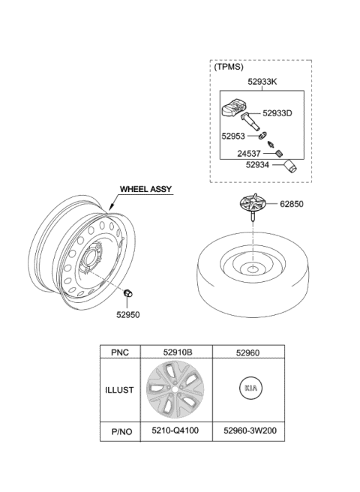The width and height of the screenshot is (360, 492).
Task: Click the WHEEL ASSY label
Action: [x=146, y=189]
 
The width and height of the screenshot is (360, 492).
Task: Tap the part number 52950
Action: [x=128, y=314]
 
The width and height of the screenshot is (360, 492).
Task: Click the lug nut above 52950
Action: [x=127, y=292]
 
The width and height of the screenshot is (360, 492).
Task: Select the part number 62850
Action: [x=292, y=204]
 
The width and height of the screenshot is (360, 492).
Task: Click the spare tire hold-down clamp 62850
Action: [x=253, y=205]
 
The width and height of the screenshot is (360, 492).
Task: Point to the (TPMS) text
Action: [x=229, y=67]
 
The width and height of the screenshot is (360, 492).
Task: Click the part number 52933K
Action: [x=262, y=82]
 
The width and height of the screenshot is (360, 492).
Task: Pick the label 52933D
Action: [x=277, y=113]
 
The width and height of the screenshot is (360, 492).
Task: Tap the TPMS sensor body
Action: [x=233, y=109]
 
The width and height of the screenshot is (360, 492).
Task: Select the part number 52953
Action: [x=233, y=136]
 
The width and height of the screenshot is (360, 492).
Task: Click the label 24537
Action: [x=249, y=154]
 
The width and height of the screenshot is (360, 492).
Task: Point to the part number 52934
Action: [x=257, y=165]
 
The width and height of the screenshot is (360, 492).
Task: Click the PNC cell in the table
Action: [x=120, y=352]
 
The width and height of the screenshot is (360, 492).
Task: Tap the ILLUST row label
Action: [x=119, y=390]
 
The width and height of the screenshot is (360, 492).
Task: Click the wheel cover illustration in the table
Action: [x=175, y=389]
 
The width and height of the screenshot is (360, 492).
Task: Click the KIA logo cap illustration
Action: [x=250, y=388]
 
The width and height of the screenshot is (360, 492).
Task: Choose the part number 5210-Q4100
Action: [x=175, y=430]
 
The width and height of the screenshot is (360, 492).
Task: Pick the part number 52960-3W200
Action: [x=250, y=430]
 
